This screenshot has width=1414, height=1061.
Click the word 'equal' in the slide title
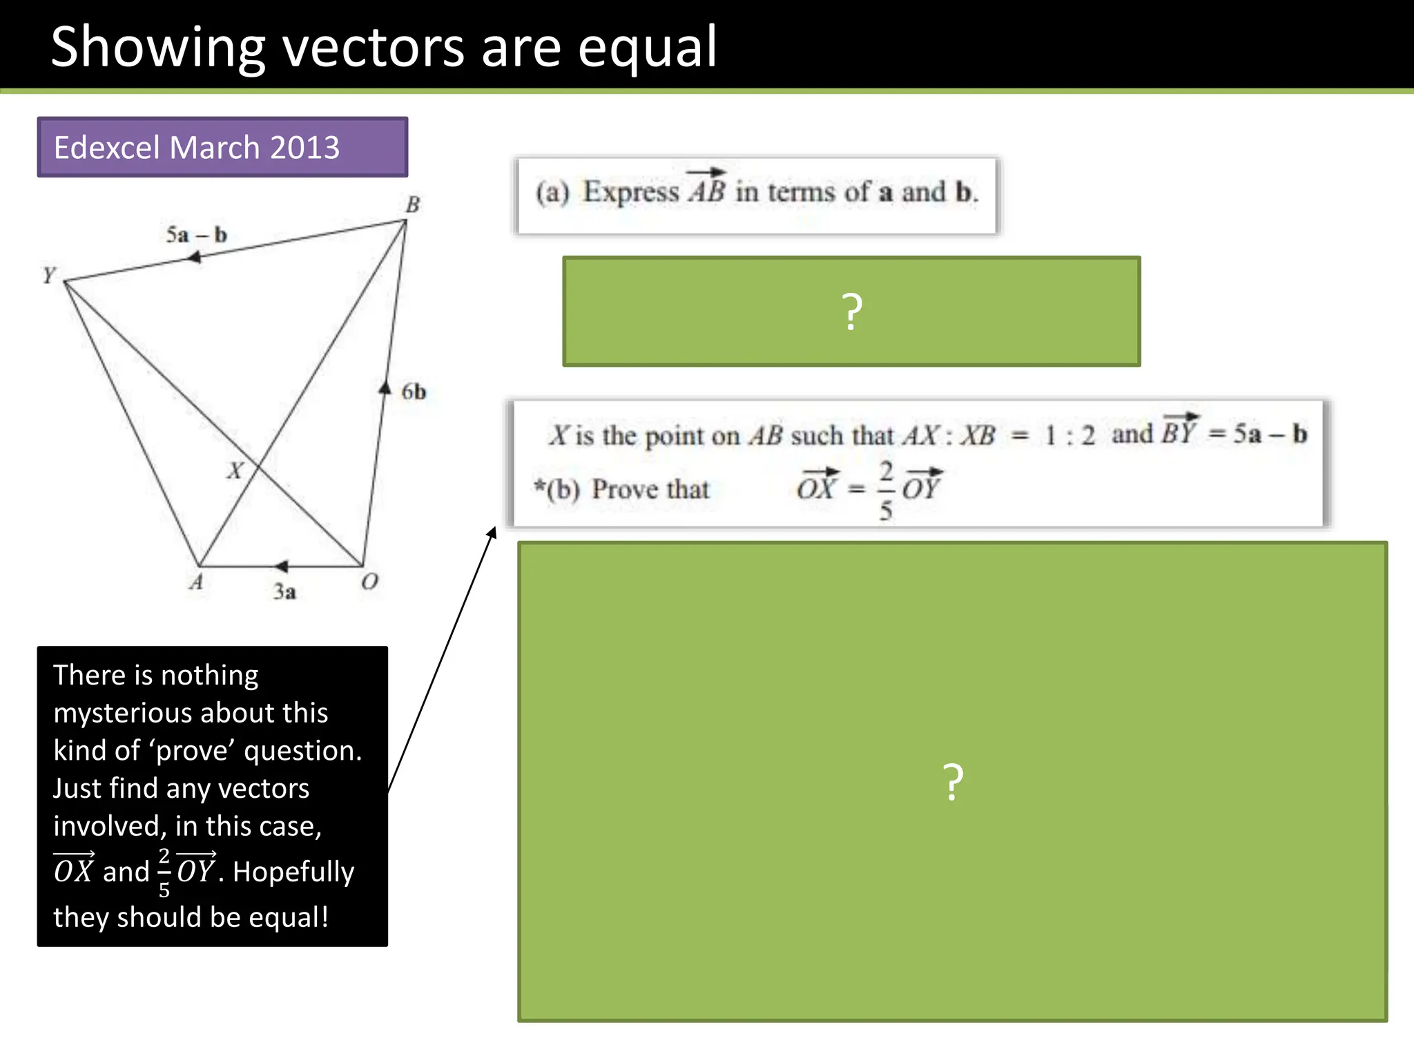point(647,48)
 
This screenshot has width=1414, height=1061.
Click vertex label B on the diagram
point(412,204)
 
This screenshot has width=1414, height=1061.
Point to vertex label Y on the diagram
point(48,276)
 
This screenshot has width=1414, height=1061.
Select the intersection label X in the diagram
point(235,470)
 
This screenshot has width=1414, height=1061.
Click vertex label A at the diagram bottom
point(196,582)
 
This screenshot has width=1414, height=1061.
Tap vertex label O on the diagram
point(369,582)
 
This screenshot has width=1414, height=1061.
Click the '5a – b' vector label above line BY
point(196,235)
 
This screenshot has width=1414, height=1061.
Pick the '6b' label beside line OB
point(414,392)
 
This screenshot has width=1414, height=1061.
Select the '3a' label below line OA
point(284,592)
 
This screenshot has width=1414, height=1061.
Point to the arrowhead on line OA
point(281,566)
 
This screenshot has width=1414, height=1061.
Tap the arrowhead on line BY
point(195,258)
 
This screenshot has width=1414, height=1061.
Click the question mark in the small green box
point(852,312)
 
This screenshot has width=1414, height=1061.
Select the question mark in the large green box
point(953,782)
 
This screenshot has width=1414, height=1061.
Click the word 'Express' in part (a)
point(631,192)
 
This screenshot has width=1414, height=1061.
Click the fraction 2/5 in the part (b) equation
point(886,490)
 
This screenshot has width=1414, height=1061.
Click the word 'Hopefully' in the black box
point(293,872)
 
